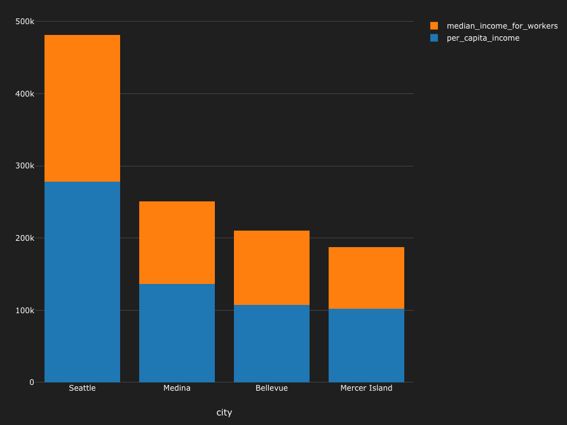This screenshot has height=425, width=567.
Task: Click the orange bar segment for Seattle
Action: tap(82, 108)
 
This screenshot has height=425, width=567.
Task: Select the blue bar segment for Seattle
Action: tap(82, 281)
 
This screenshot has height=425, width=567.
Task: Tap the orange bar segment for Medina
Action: tap(177, 243)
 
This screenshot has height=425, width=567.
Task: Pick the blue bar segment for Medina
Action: tap(177, 333)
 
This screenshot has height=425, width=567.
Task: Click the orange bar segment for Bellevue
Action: tap(271, 267)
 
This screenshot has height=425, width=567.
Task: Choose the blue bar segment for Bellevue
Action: tap(271, 343)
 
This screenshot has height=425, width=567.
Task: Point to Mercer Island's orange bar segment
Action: tap(366, 278)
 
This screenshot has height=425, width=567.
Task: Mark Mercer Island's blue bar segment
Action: tap(366, 345)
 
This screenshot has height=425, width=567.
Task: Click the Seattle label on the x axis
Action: tap(82, 388)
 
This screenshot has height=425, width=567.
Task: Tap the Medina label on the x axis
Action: tap(177, 388)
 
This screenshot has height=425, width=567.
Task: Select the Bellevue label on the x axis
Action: tap(271, 388)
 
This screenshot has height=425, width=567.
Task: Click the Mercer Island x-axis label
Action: tap(366, 388)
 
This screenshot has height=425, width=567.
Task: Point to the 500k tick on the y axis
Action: tap(25, 22)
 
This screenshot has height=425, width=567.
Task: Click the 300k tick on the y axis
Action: tap(25, 166)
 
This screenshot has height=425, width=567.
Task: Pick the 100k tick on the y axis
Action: tap(25, 310)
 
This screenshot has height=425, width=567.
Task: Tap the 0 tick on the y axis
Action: tap(31, 382)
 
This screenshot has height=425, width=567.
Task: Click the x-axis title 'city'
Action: tap(224, 412)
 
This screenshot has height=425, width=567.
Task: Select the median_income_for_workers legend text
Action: tap(502, 26)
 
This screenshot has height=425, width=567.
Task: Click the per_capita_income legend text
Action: tap(483, 38)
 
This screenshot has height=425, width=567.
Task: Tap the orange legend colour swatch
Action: tap(434, 26)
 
